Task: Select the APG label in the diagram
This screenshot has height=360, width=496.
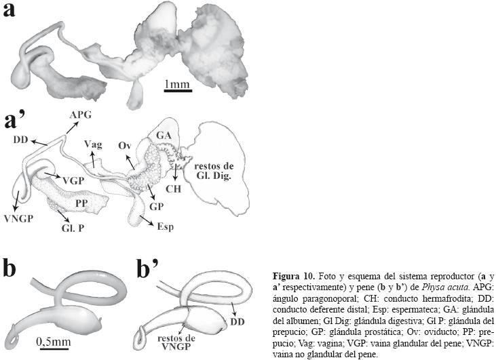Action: coord(79,115)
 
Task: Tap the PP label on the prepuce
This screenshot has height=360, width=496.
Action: coord(82,202)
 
